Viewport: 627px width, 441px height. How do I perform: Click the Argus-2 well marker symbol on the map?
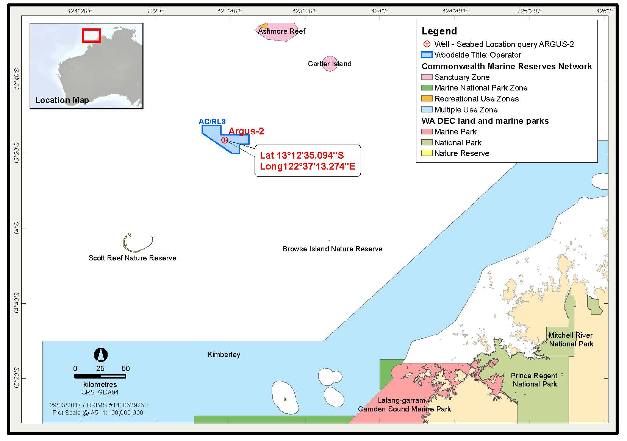(225, 140)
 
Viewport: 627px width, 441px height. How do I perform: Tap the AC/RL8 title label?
(212, 122)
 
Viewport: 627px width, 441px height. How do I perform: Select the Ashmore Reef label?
(281, 31)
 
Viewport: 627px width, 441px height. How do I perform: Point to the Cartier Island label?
(330, 64)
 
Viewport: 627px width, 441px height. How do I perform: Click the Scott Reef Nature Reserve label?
(132, 258)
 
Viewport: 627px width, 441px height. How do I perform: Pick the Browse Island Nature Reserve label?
(333, 249)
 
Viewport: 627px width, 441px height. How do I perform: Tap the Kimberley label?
(224, 355)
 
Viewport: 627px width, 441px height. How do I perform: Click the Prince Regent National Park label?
(534, 380)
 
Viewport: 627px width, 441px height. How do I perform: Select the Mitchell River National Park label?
(571, 340)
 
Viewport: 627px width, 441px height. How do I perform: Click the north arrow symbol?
(101, 355)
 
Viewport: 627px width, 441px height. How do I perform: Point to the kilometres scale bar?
(100, 376)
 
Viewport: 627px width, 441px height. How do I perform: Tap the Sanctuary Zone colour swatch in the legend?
(427, 77)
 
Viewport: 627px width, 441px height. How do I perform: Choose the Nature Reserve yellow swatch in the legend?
(427, 153)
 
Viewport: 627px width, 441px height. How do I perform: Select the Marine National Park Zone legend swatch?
(427, 88)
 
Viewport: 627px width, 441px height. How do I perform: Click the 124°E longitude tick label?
(380, 11)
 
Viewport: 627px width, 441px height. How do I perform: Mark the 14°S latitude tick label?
(17, 229)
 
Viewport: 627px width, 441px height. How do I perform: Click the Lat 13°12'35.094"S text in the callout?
(302, 155)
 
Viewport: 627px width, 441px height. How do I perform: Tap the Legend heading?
(439, 31)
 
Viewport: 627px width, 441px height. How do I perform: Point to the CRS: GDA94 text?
(100, 392)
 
